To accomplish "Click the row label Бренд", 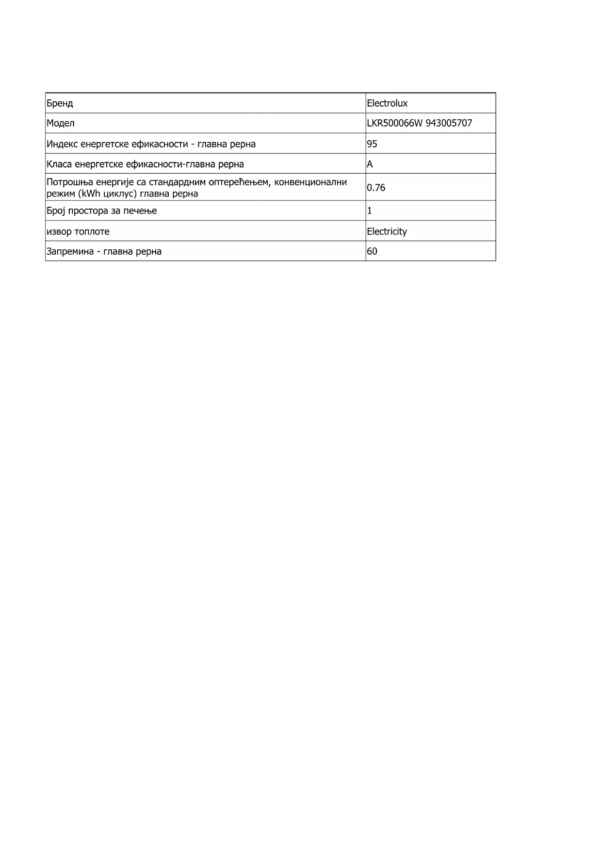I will coord(60,103).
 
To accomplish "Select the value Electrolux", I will coord(387,103).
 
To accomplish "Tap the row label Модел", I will coord(61,123).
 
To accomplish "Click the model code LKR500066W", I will coord(395,123).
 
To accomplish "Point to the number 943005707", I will coord(449,123).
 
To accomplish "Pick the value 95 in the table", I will coord(372,144).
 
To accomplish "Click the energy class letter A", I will coord(370,164).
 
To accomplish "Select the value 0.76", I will coord(376,188).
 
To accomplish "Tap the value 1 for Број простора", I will coord(370,211).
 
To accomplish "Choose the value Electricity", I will coord(387,232).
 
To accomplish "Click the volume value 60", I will coord(372,251).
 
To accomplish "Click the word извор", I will coord(58,232).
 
